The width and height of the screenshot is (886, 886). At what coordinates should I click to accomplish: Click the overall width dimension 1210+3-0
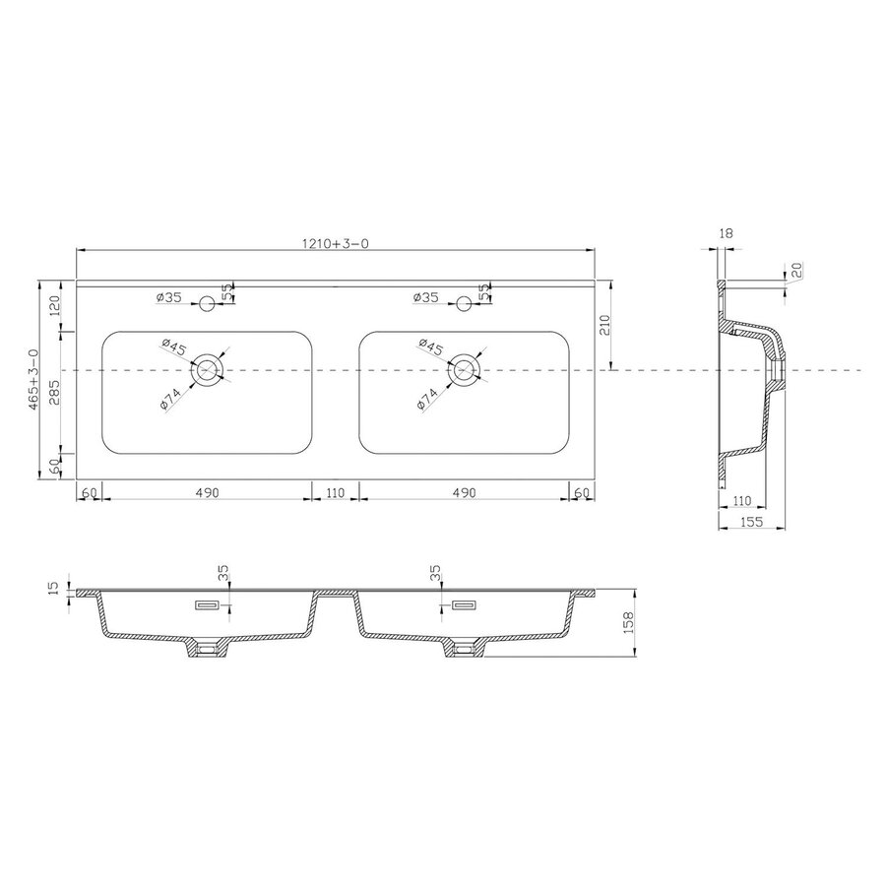click(x=336, y=242)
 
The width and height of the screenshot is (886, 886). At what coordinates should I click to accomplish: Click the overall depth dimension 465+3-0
click(x=35, y=379)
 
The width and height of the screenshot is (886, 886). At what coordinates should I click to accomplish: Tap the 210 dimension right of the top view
click(x=605, y=325)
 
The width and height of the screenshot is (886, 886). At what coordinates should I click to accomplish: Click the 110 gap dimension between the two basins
click(x=336, y=491)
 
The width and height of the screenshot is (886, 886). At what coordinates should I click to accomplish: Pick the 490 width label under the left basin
click(x=205, y=491)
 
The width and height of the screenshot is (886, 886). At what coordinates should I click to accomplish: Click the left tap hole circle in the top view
click(x=208, y=302)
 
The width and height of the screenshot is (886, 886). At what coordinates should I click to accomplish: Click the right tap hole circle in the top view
click(x=465, y=302)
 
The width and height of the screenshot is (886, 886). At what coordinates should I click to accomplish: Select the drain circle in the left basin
click(x=208, y=370)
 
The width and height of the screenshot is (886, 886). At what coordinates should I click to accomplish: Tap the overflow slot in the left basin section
click(x=208, y=605)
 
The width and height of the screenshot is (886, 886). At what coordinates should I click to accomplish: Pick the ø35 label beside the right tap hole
click(x=426, y=296)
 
